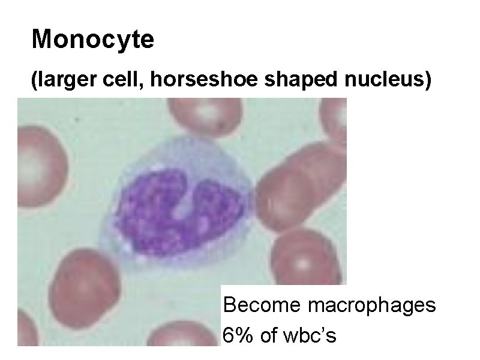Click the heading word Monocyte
click(x=93, y=40)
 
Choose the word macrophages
click(x=371, y=305)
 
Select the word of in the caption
click(x=270, y=335)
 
